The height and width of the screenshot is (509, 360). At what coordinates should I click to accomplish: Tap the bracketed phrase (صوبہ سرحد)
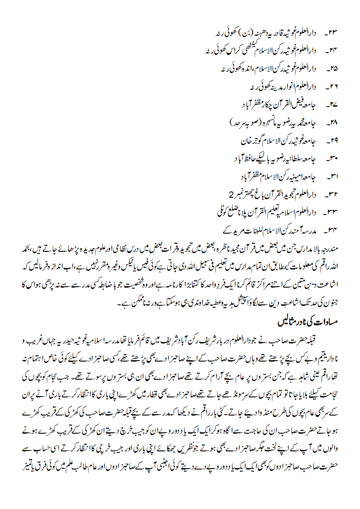click(242, 122)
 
